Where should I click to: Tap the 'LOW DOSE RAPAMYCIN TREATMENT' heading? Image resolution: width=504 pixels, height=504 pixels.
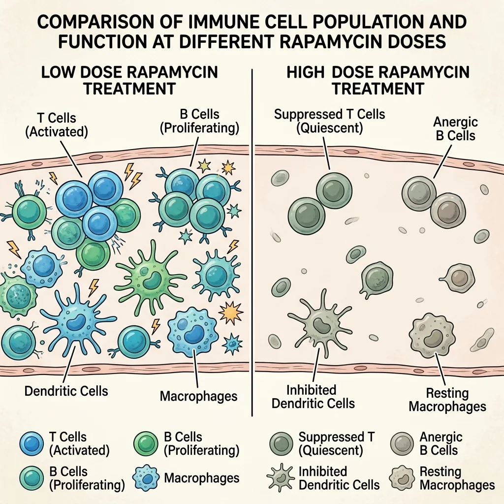[129, 80]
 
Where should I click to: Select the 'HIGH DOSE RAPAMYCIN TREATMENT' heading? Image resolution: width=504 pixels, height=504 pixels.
[378, 80]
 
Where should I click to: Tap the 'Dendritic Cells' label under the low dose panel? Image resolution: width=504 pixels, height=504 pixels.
[66, 391]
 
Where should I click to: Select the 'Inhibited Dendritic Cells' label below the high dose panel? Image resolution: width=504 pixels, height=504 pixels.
[313, 397]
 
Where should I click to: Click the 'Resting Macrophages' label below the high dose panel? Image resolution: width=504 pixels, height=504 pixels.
[447, 400]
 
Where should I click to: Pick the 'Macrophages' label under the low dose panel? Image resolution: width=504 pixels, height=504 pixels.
[199, 396]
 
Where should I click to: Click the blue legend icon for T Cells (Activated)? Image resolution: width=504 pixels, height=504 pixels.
[32, 443]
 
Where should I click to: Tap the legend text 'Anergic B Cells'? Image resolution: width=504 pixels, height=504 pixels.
[441, 443]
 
